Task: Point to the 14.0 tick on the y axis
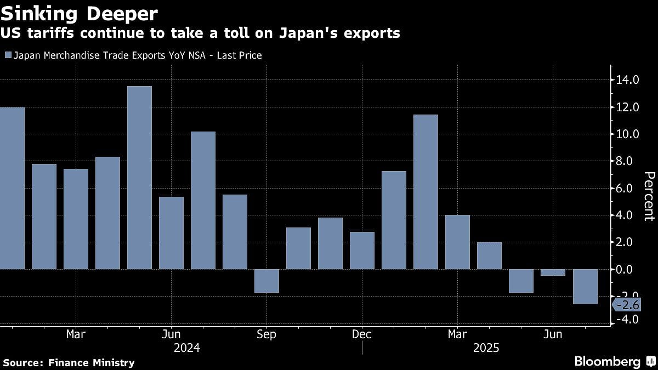point(627,80)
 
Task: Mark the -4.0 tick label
point(627,319)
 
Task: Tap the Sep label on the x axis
point(266,334)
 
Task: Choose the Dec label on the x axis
point(362,334)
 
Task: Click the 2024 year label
point(186,348)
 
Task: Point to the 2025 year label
point(486,348)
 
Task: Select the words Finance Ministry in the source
point(92,362)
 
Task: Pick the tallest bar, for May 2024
point(139,178)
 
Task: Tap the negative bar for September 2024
point(266,281)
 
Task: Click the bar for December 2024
point(362,251)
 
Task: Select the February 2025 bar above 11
point(426,192)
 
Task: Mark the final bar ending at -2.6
point(585,286)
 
